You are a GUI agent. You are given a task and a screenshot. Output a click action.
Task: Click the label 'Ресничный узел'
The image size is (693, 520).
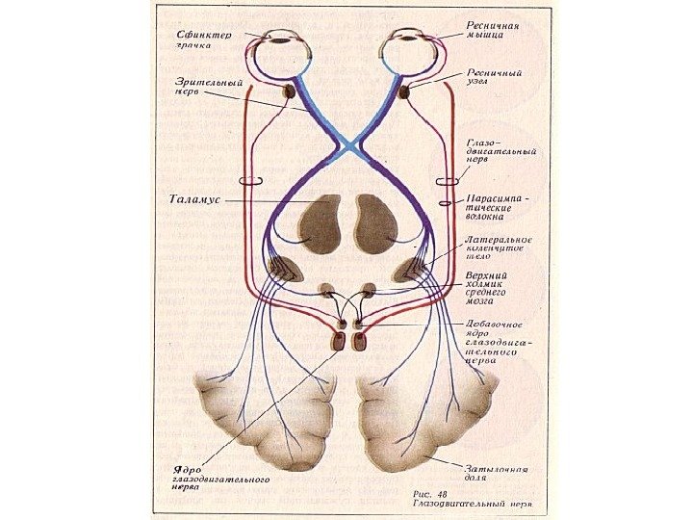(495, 78)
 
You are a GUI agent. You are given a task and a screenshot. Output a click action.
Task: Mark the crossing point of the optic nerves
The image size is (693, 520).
(347, 144)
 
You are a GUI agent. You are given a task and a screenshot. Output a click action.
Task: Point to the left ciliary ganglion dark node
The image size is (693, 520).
(291, 92)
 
